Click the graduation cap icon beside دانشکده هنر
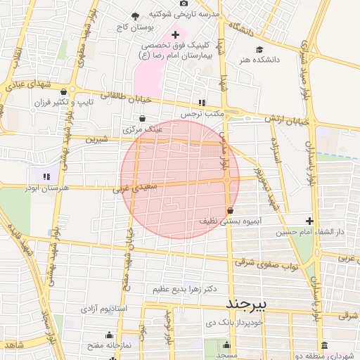(x=259, y=49)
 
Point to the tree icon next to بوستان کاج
(x=135, y=15)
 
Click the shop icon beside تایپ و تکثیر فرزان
(x=64, y=91)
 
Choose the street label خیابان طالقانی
(x=127, y=99)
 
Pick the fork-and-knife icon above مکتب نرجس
(x=202, y=103)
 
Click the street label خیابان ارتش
(x=287, y=120)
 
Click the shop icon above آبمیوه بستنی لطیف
(x=231, y=210)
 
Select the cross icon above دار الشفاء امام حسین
(x=309, y=221)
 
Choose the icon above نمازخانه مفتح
(x=109, y=335)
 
